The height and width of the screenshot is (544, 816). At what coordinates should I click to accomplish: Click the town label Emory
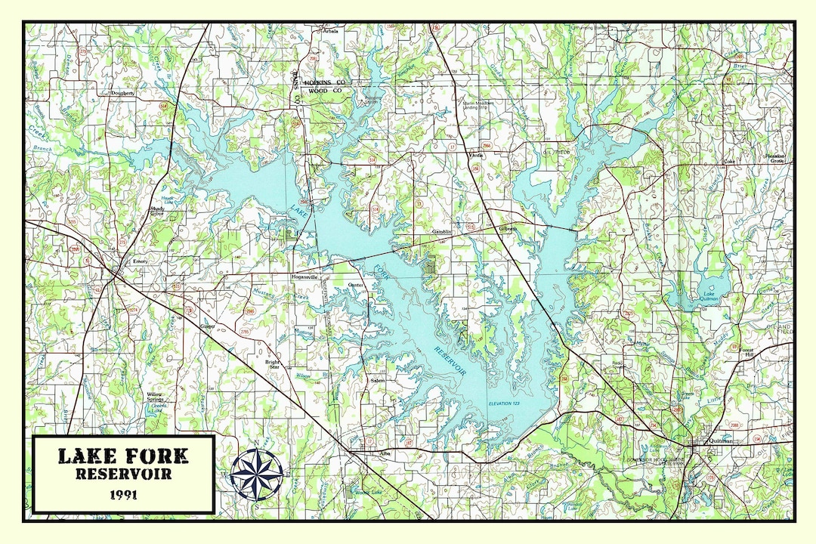141,261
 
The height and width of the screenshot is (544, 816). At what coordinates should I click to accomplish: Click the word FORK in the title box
157,456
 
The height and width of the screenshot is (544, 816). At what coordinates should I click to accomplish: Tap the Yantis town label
475,154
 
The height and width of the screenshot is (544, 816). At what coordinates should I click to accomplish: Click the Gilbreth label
507,228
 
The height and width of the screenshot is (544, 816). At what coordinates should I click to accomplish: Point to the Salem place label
377,380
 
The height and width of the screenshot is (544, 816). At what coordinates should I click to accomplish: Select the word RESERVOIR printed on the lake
450,362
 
